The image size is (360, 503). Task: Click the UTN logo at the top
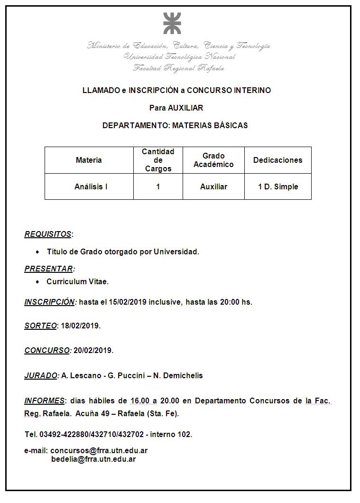coord(172,23)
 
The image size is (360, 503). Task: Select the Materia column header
coord(89,160)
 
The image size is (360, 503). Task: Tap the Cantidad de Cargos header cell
coord(158,160)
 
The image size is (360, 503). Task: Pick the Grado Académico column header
coord(213,160)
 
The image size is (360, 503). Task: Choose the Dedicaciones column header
coord(277,160)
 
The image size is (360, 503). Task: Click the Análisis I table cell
coord(91,187)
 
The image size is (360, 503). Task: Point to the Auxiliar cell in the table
coord(213,187)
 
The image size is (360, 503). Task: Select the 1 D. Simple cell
coord(278,187)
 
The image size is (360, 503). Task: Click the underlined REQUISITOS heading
coord(48,234)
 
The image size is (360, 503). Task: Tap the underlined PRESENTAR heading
coord(49,269)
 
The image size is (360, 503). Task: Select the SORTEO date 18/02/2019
coord(80,326)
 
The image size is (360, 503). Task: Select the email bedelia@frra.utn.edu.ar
coord(93,459)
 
